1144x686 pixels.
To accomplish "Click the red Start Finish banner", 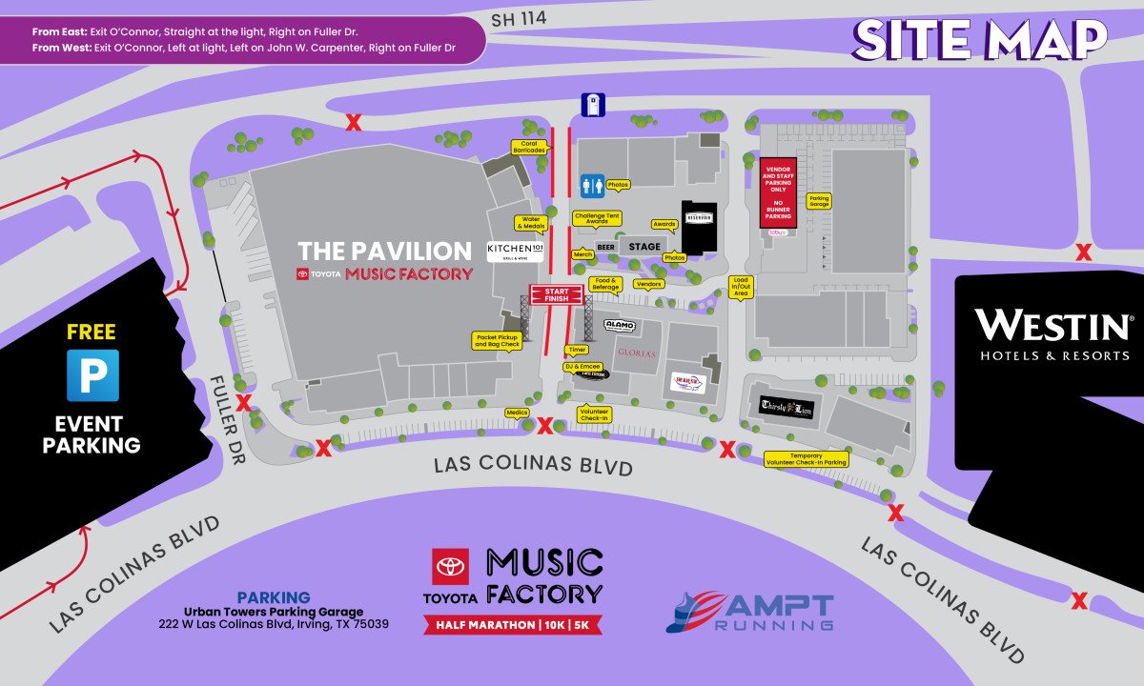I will tap(555, 294).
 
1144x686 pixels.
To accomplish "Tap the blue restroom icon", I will tap(592, 185).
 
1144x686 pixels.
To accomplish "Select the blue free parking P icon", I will tap(92, 375).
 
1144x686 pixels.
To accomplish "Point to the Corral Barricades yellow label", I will tap(529, 147).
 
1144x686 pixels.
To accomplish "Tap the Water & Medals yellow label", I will tap(530, 223).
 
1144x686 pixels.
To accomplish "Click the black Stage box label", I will tap(644, 247).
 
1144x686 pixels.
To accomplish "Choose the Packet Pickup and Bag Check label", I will tap(497, 340).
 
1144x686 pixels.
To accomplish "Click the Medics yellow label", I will tap(516, 413).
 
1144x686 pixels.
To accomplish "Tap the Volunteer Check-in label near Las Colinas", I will tap(595, 414).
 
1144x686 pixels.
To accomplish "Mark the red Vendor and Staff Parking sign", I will tap(777, 192).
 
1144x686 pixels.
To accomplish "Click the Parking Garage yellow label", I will tap(819, 201).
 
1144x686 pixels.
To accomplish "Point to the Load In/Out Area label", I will tap(741, 287).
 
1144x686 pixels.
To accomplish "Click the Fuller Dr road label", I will tap(228, 418).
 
